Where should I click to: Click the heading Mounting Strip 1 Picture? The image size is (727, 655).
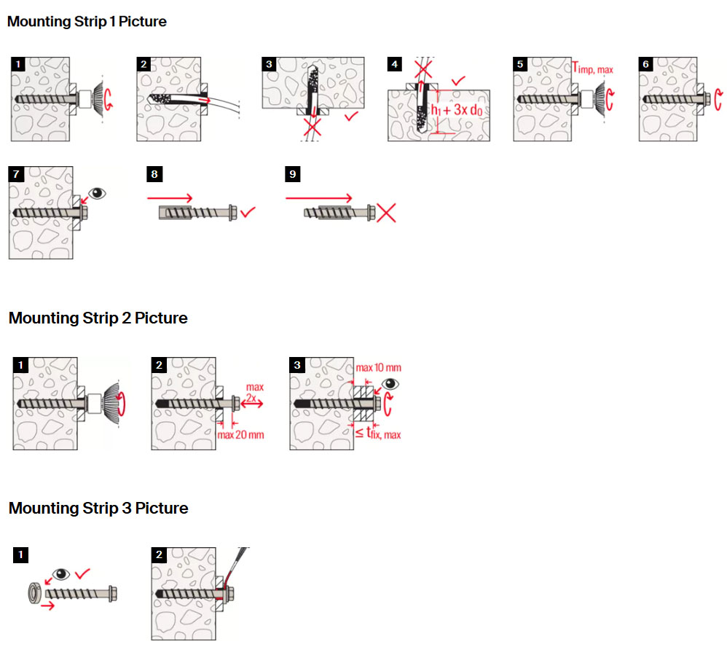(87, 22)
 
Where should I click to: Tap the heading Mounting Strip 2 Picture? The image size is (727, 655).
(98, 318)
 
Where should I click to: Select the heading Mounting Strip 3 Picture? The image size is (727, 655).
(98, 509)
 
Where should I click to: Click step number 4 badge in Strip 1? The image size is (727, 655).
(395, 64)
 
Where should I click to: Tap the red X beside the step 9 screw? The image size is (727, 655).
(385, 213)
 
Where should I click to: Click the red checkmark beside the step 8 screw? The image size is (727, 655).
(248, 213)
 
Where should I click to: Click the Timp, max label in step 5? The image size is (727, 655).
(592, 68)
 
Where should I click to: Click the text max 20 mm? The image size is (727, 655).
(241, 435)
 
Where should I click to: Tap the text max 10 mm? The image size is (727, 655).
(378, 368)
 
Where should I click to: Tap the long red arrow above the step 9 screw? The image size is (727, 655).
(319, 197)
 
